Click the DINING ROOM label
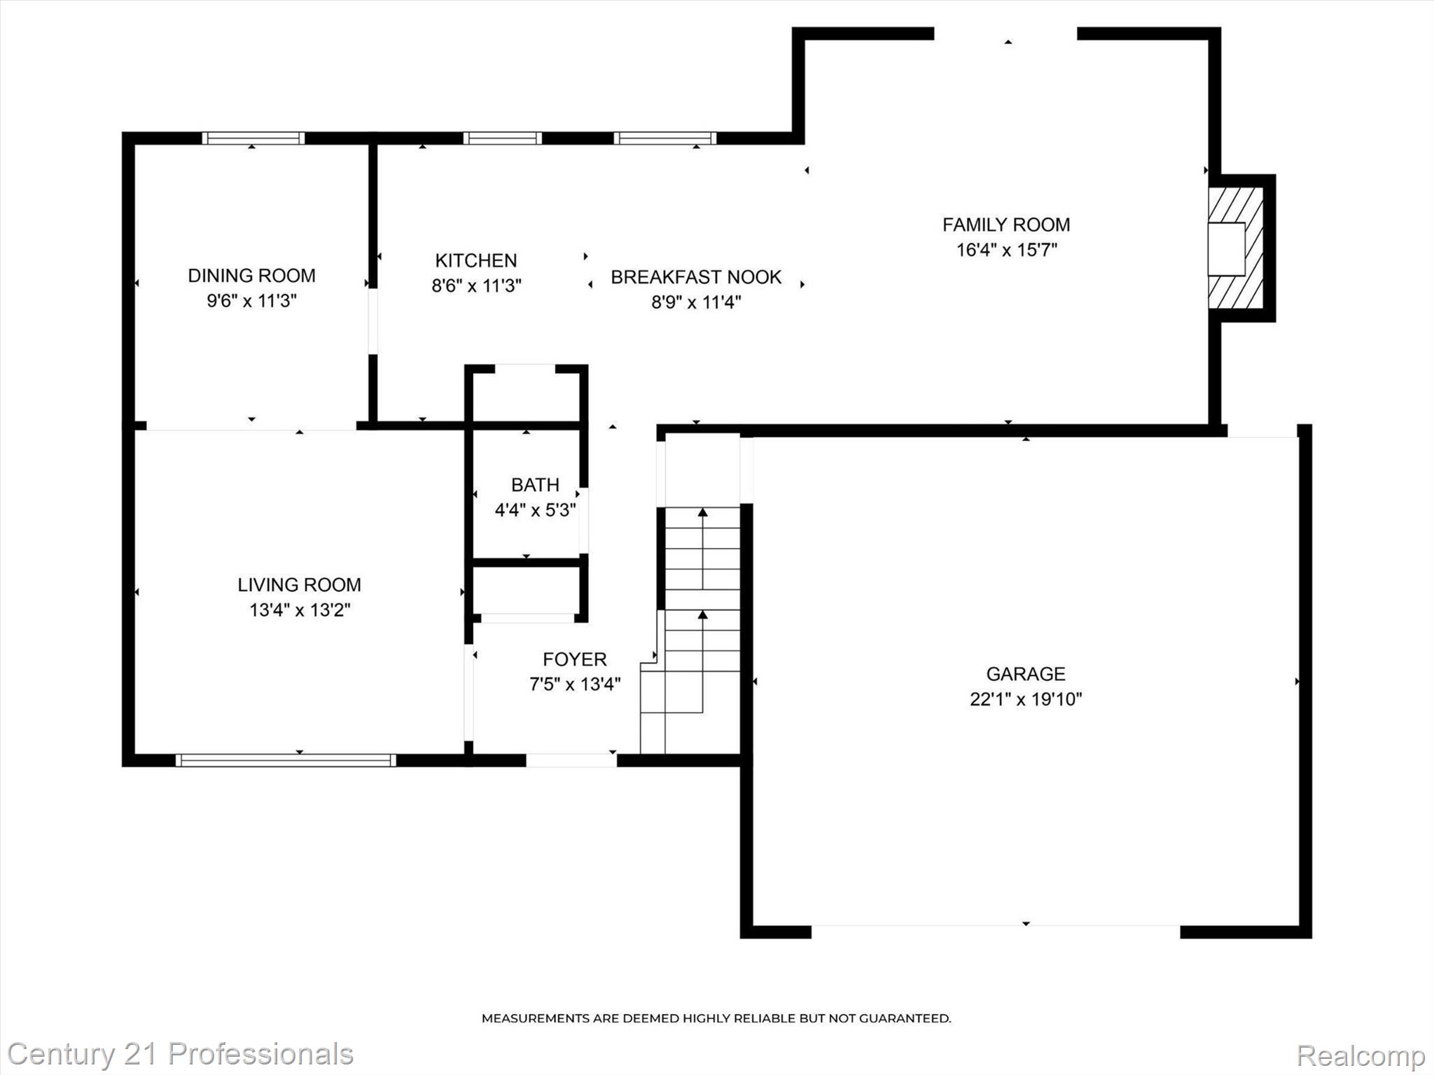251,276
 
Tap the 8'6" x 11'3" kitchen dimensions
476,286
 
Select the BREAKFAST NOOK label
695,277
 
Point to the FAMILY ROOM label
1005,225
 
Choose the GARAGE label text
1025,674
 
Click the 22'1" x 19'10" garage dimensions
1025,699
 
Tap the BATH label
535,485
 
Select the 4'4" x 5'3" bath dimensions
535,510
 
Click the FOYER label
574,659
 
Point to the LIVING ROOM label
299,585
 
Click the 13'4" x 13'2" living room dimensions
299,610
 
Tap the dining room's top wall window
253,138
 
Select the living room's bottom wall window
286,760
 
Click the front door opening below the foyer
571,760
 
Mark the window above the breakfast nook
664,138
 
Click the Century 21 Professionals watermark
180,1054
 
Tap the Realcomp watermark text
1360,1055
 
